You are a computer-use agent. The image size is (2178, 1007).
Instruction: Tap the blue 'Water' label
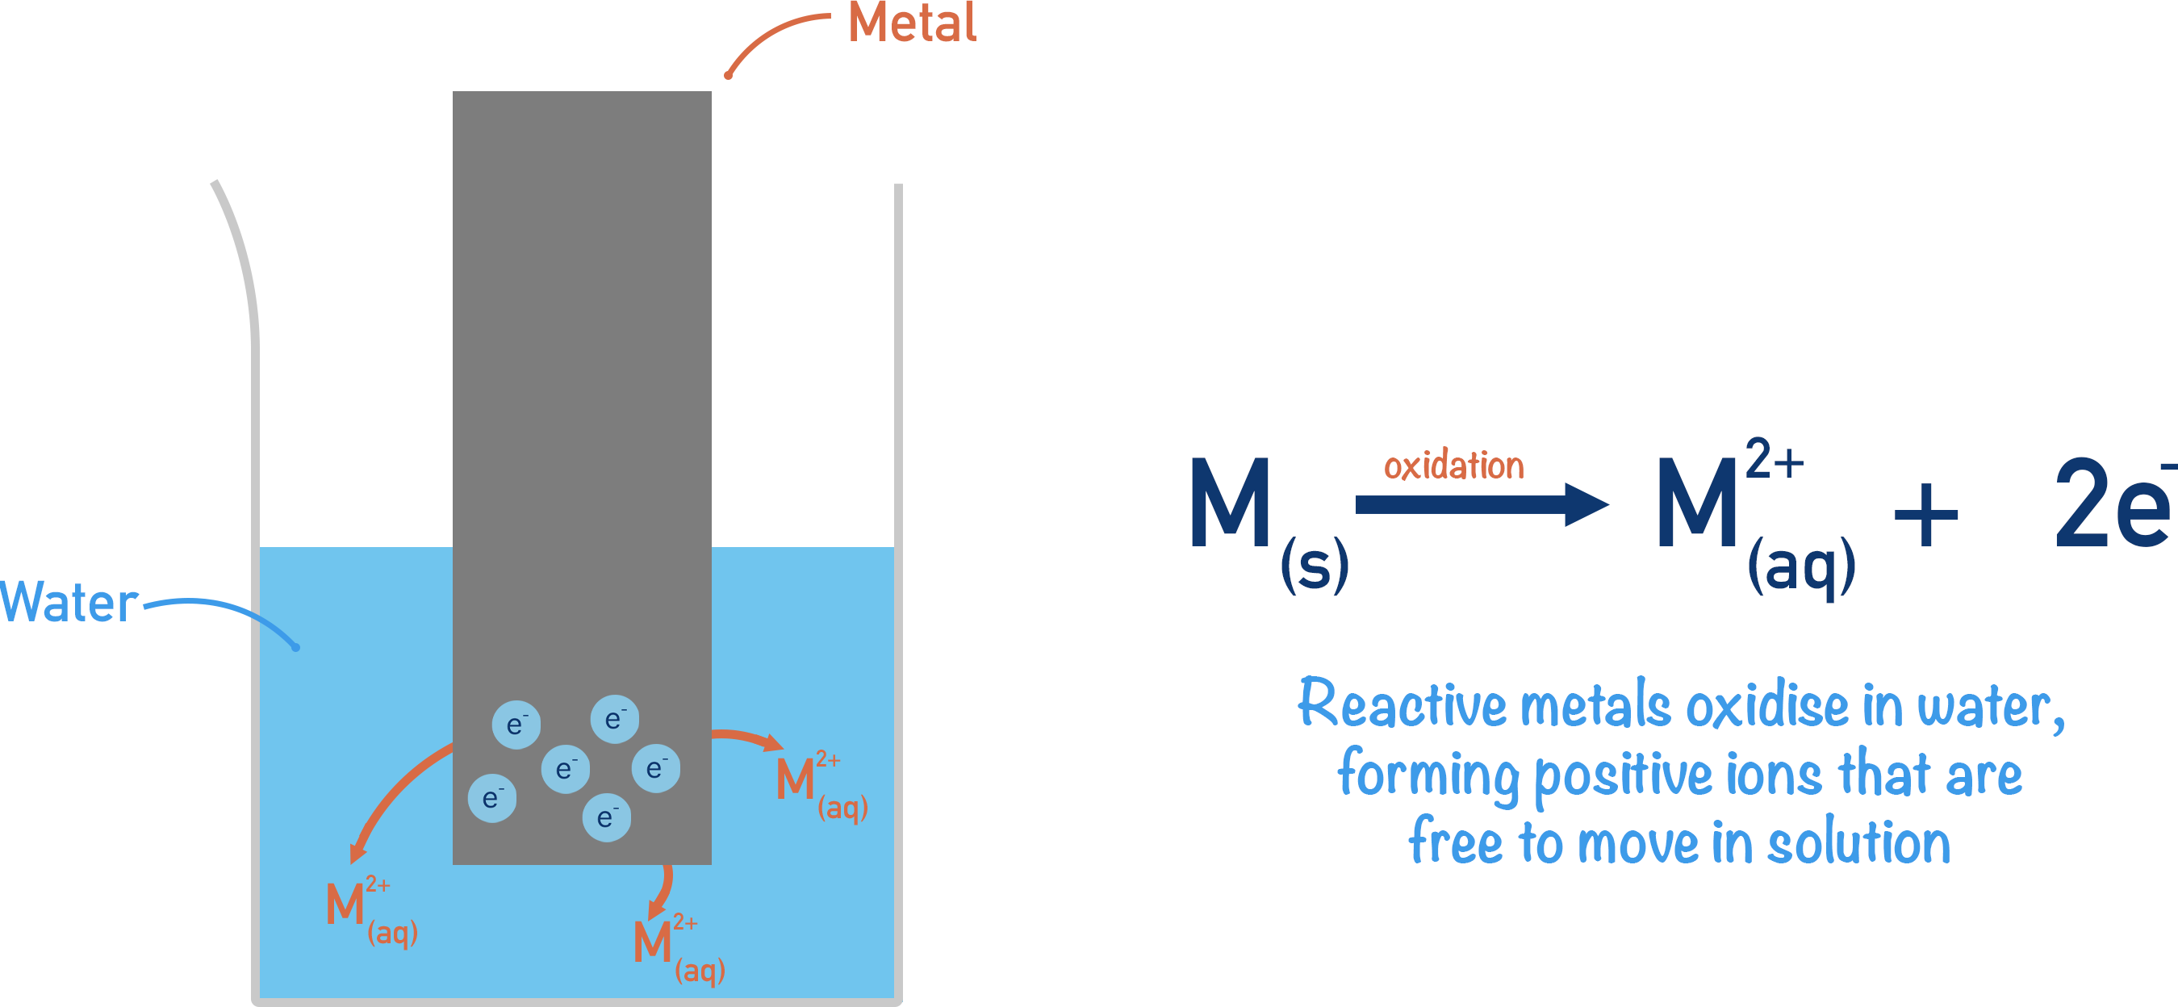pyautogui.click(x=69, y=603)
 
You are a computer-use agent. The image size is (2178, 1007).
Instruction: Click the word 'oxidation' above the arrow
pyautogui.click(x=1453, y=466)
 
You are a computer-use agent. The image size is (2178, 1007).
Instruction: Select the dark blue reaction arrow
pyautogui.click(x=1480, y=505)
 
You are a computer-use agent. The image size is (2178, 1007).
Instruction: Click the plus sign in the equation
pyautogui.click(x=1925, y=515)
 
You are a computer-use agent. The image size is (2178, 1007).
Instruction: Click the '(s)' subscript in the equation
pyautogui.click(x=1314, y=565)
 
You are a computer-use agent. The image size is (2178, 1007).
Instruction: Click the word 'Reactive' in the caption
pyautogui.click(x=1401, y=704)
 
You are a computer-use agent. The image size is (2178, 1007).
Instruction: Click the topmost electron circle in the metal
pyautogui.click(x=615, y=719)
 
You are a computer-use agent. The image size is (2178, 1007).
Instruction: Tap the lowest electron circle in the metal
pyautogui.click(x=606, y=817)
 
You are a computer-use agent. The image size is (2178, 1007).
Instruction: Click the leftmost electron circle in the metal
pyautogui.click(x=492, y=798)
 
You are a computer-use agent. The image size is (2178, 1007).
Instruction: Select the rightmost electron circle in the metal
pyautogui.click(x=656, y=767)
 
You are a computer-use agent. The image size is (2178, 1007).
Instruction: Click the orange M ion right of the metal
pyautogui.click(x=796, y=779)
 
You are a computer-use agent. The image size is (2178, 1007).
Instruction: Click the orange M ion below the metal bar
pyautogui.click(x=653, y=941)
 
